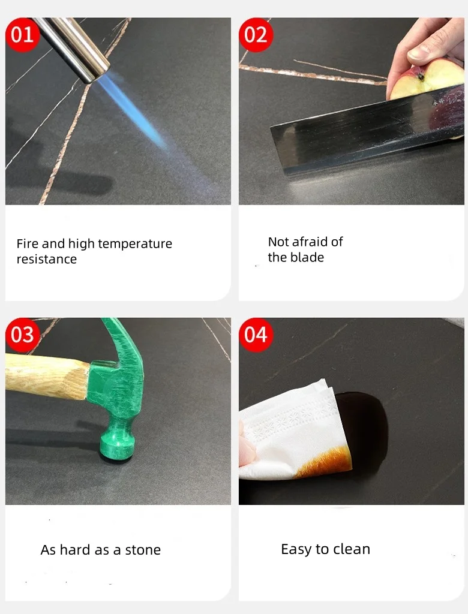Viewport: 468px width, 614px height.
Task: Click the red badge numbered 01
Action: (x=22, y=34)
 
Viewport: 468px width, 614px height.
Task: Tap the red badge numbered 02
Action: (x=256, y=34)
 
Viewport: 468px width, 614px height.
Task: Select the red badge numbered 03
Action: (x=22, y=335)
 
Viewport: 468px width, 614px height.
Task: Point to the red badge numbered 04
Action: (x=256, y=335)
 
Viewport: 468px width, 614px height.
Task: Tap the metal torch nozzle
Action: (x=73, y=47)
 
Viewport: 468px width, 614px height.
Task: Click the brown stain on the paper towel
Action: (x=325, y=462)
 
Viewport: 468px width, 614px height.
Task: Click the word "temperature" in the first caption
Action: (x=135, y=244)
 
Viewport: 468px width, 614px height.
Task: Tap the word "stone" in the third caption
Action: (x=143, y=550)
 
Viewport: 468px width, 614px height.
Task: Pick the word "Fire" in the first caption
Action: (x=27, y=243)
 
